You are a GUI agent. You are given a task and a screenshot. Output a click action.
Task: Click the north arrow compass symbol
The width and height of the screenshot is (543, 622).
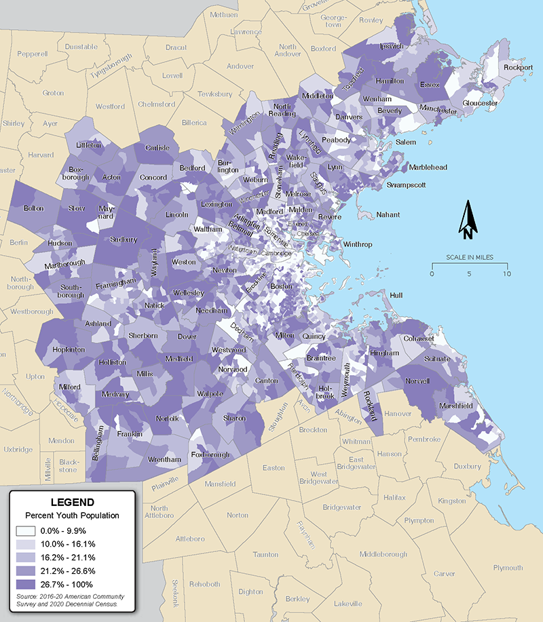click(468, 221)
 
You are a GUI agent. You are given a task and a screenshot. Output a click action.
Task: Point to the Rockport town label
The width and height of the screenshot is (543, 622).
click(518, 67)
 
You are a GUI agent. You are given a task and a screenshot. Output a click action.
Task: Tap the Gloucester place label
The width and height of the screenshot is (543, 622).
click(481, 103)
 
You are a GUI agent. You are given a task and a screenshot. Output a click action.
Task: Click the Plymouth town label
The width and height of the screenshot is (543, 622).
click(508, 568)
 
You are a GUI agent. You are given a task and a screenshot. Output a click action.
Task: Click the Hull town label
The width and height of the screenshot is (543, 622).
click(397, 295)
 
